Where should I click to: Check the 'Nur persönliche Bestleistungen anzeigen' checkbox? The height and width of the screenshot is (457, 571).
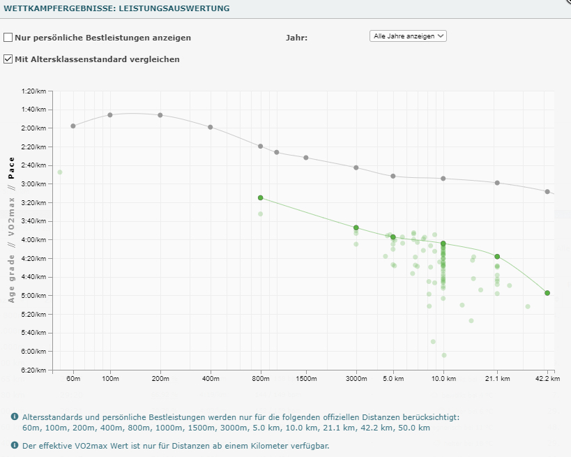click(8, 38)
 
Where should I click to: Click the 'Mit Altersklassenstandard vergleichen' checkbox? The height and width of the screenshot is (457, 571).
click(8, 59)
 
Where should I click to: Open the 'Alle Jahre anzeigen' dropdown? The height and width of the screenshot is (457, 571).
click(408, 36)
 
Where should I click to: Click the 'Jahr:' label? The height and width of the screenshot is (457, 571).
click(296, 38)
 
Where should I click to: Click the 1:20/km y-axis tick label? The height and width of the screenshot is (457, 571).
click(33, 91)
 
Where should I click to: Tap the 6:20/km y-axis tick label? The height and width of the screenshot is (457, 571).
click(33, 370)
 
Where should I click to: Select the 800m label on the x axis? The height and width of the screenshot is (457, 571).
click(260, 379)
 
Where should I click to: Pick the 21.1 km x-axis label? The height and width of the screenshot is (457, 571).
click(497, 379)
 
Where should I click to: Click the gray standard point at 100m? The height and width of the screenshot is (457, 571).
click(110, 115)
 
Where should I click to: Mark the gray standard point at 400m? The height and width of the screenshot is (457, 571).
click(210, 127)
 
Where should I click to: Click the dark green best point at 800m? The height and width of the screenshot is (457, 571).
click(260, 198)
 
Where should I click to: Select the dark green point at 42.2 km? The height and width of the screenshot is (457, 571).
click(547, 293)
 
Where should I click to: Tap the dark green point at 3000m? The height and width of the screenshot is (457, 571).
click(356, 228)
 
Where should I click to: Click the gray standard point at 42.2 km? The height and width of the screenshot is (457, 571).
click(547, 191)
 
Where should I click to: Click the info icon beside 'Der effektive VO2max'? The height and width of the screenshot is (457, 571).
click(15, 445)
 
